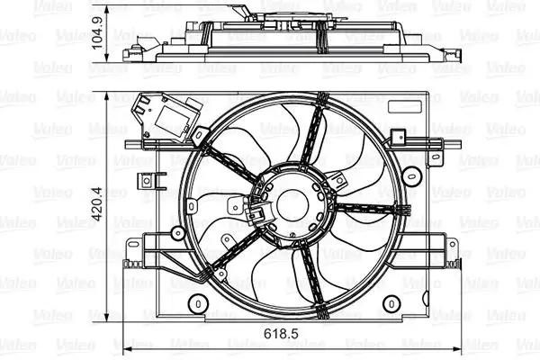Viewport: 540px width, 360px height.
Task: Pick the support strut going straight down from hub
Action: (x=310, y=274)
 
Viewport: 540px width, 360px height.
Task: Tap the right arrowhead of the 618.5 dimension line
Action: (x=462, y=347)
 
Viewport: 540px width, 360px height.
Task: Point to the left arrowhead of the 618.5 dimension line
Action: (x=125, y=347)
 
